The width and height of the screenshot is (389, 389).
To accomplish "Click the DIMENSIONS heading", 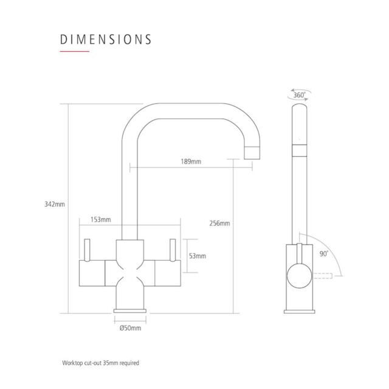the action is pyautogui.click(x=106, y=40).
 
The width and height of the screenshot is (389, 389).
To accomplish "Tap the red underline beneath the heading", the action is pyautogui.click(x=74, y=51).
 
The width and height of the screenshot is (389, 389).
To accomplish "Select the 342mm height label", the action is pyautogui.click(x=55, y=204).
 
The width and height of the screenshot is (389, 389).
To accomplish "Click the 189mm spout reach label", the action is pyautogui.click(x=191, y=162).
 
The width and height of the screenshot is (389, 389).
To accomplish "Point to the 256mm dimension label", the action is pyautogui.click(x=219, y=223).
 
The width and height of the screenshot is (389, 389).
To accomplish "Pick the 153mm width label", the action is pyautogui.click(x=100, y=219).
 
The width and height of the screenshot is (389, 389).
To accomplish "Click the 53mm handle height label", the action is pyautogui.click(x=198, y=256).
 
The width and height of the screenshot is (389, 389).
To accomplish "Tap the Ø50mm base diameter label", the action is pyautogui.click(x=130, y=328).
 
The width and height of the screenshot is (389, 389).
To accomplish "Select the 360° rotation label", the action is pyautogui.click(x=299, y=95).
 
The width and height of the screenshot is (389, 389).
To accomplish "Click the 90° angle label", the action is pyautogui.click(x=324, y=254).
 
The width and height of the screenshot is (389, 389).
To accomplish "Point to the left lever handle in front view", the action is pyautogui.click(x=87, y=250).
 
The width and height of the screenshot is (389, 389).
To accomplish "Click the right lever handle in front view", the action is pyautogui.click(x=173, y=250).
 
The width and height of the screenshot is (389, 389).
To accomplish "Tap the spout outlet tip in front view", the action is pyautogui.click(x=252, y=153).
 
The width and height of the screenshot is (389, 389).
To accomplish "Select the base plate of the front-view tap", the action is pyautogui.click(x=130, y=311).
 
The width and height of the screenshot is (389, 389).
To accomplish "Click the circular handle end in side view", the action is pyautogui.click(x=300, y=275).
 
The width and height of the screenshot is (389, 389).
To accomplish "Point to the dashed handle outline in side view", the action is pyautogui.click(x=323, y=275).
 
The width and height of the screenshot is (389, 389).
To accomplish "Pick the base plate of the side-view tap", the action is pyautogui.click(x=300, y=312).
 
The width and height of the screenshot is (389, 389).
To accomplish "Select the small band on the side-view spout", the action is pyautogui.click(x=300, y=150).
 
